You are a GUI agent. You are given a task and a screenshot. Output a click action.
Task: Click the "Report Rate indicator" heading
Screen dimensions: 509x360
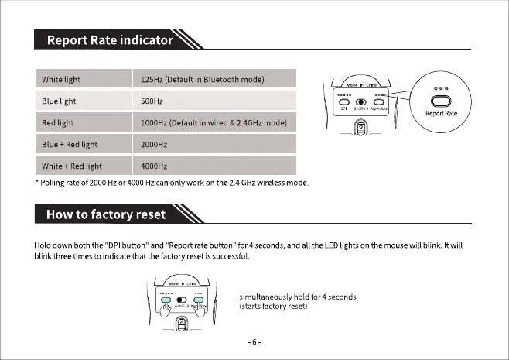(109, 39)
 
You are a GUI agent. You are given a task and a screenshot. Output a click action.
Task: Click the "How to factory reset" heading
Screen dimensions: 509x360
(106, 214)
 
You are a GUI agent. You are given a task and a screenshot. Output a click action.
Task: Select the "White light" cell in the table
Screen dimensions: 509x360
(61, 80)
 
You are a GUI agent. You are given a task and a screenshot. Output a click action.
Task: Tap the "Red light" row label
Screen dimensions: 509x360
(57, 123)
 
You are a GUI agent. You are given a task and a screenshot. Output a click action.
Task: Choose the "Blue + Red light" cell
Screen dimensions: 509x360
(72, 145)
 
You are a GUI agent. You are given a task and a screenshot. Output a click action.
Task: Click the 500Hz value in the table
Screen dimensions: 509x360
(151, 101)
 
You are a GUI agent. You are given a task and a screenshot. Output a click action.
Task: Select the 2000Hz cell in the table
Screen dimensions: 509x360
(154, 145)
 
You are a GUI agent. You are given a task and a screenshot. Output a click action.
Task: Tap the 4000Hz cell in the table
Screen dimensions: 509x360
(154, 166)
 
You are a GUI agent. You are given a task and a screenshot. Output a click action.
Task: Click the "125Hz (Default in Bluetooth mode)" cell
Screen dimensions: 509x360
(203, 80)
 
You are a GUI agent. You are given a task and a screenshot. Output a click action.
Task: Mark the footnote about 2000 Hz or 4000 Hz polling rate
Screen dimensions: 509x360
(173, 183)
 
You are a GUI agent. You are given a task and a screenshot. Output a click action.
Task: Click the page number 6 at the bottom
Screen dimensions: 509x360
(254, 341)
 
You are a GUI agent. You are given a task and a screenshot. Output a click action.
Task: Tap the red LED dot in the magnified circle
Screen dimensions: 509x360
(447, 89)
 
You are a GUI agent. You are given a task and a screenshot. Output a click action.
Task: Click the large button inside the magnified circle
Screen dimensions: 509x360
(441, 101)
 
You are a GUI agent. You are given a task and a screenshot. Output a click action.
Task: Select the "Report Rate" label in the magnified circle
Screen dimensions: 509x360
(441, 114)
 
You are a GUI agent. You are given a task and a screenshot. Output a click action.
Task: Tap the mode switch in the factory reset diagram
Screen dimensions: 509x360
(182, 300)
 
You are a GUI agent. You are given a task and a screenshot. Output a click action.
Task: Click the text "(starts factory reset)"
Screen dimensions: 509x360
(275, 307)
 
